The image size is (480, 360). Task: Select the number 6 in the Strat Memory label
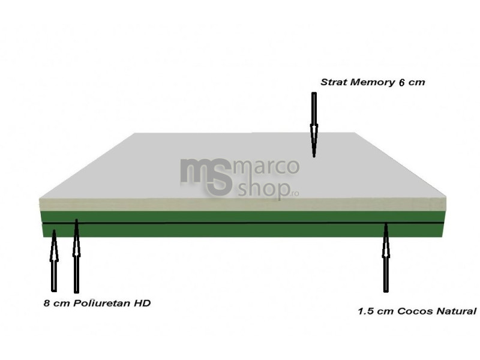[402, 83]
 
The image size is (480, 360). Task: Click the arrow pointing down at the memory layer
[314, 125]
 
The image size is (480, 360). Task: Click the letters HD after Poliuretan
[142, 303]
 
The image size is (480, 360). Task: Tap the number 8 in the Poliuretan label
[47, 304]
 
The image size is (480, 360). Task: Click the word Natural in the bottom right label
[456, 311]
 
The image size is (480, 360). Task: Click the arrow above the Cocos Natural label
[386, 257]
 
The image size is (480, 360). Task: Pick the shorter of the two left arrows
[54, 260]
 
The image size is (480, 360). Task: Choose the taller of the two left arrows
[77, 256]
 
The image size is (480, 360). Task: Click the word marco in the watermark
[266, 167]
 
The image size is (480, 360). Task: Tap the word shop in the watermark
[264, 189]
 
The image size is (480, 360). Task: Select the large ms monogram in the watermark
[206, 177]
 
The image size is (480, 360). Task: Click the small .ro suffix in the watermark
[295, 193]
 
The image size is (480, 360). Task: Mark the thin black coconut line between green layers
[243, 223]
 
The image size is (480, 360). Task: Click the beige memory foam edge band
[242, 204]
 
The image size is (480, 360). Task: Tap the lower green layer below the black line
[243, 230]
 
